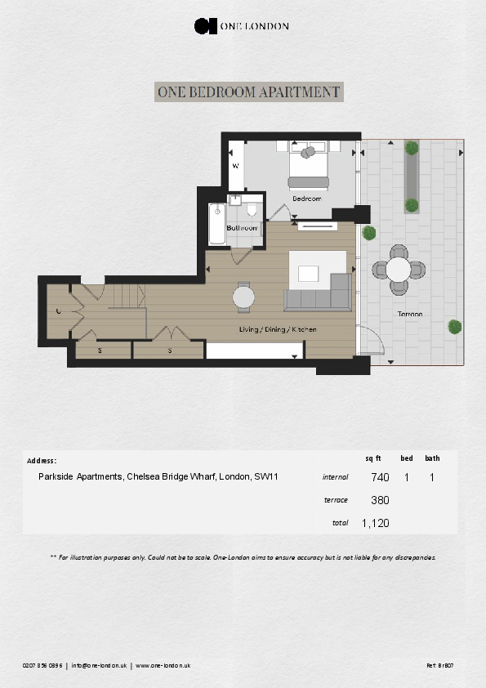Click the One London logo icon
[x=205, y=26]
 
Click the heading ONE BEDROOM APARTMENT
[x=248, y=92]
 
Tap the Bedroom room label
[x=307, y=199]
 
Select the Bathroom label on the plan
[x=243, y=227]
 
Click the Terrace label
[x=410, y=314]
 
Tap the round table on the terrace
[x=398, y=269]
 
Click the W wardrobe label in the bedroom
[x=235, y=165]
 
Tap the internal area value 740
[x=380, y=477]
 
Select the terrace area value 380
[x=380, y=500]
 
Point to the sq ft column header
[x=373, y=458]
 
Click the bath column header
[x=432, y=458]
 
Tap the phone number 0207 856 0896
[x=43, y=666]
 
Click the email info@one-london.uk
[x=99, y=666]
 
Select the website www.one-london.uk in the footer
[x=163, y=666]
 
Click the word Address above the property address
[x=42, y=461]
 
